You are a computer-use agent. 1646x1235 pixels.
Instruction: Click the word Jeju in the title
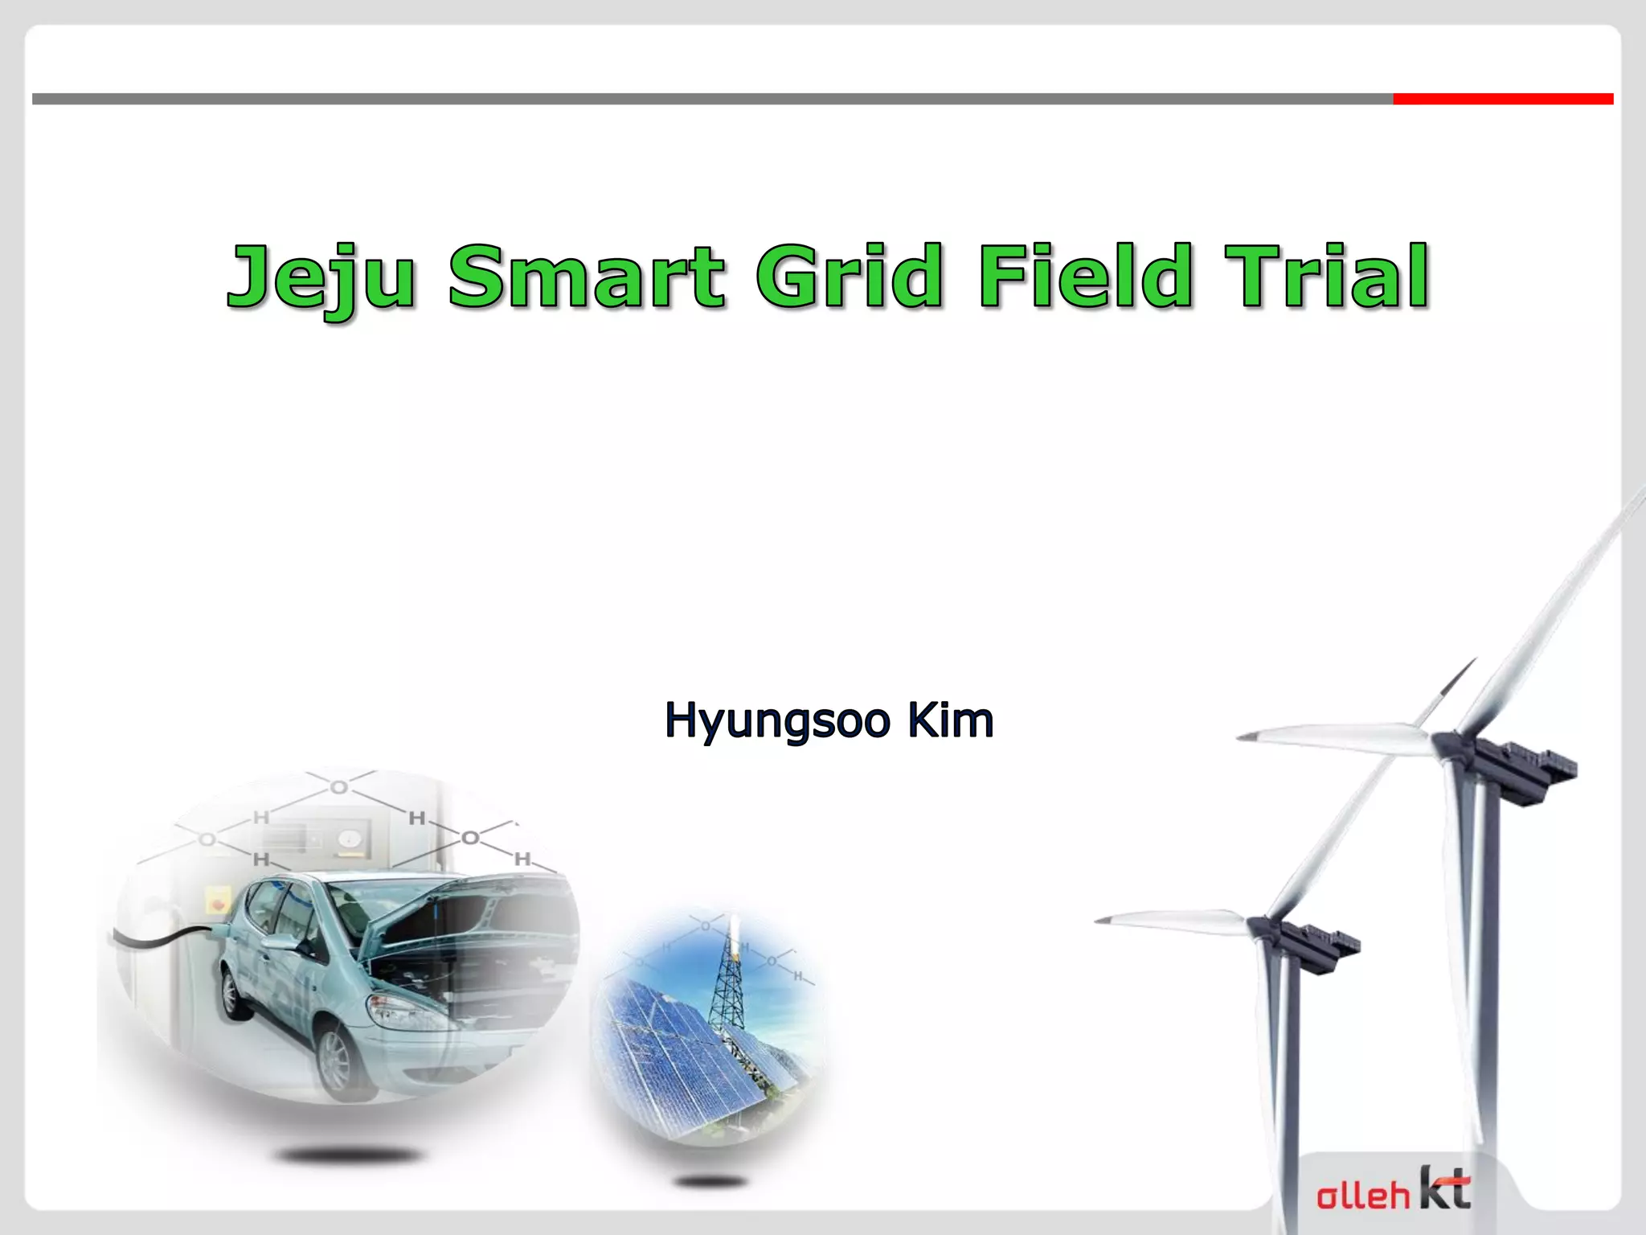point(321,277)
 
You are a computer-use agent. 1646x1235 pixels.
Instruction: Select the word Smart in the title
point(587,277)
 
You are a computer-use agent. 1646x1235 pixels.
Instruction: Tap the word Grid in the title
point(850,277)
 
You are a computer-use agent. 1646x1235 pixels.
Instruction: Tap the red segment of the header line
point(1502,99)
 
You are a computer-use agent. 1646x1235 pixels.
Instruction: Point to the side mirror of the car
point(283,943)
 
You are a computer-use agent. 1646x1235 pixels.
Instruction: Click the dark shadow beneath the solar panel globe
point(711,1181)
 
